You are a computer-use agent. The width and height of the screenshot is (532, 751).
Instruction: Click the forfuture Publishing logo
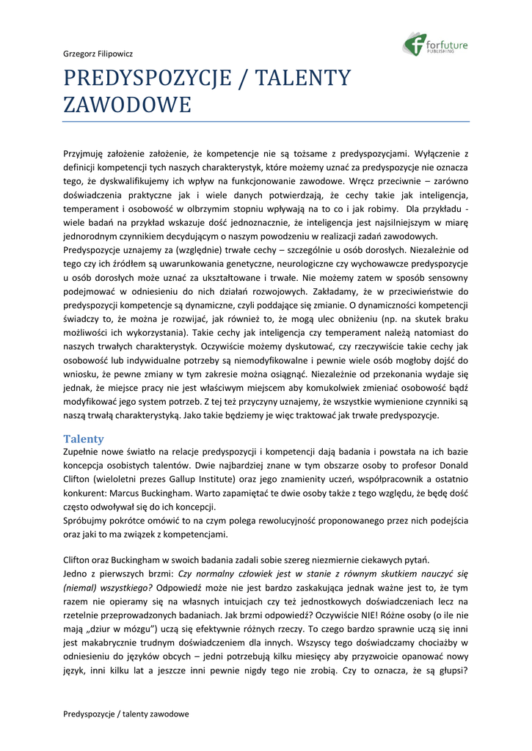click(x=435, y=45)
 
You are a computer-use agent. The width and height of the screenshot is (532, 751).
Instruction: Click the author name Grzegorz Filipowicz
click(x=98, y=54)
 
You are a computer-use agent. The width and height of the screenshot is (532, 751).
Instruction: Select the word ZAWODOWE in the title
click(x=127, y=104)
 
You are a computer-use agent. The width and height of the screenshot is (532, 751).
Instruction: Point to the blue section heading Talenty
click(x=84, y=439)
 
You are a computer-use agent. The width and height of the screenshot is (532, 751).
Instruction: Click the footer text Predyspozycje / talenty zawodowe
click(x=126, y=714)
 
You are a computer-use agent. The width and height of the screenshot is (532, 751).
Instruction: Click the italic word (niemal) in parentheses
click(x=80, y=588)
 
